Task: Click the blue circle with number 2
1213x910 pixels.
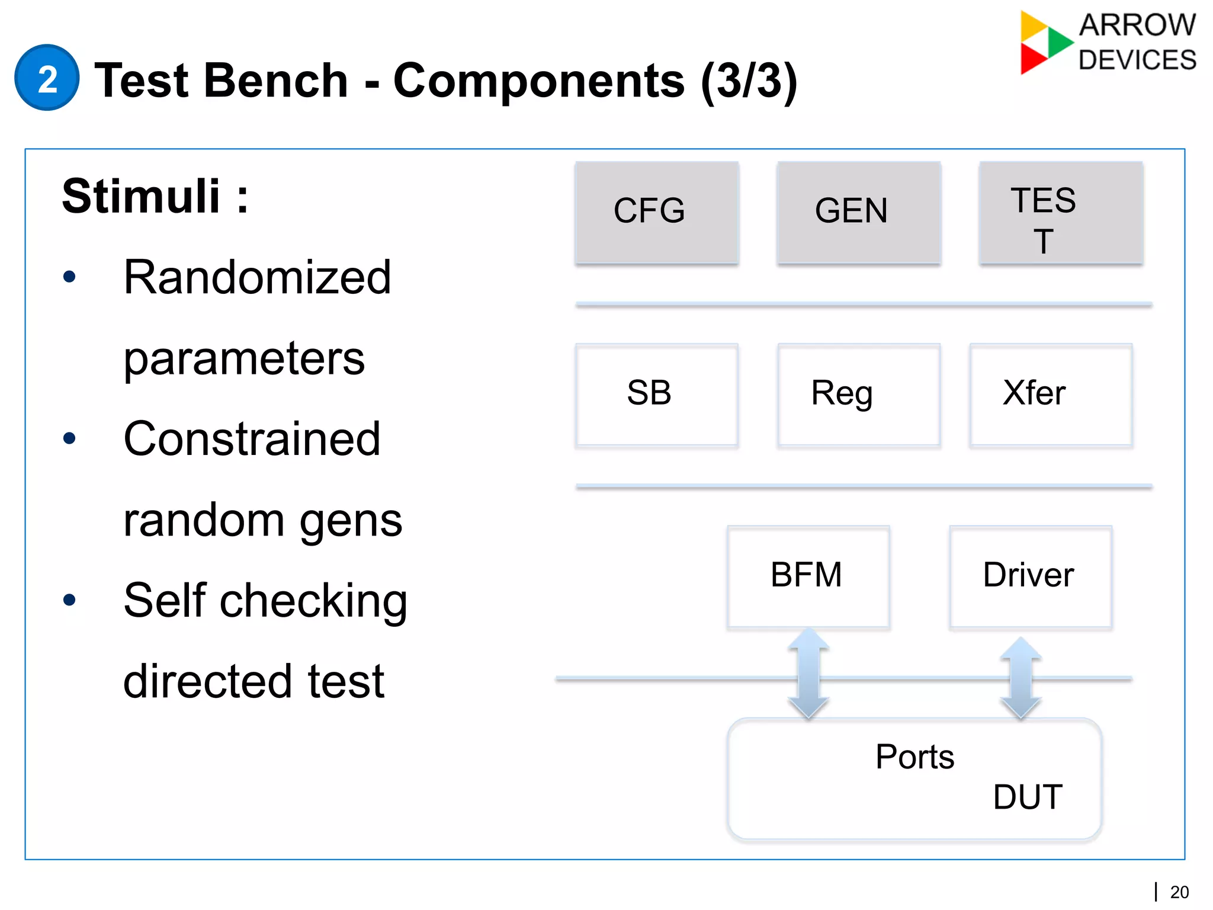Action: pos(47,78)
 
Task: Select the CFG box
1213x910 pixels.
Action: pos(656,212)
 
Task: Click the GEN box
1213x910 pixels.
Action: pos(858,212)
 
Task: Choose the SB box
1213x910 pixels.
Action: pos(656,395)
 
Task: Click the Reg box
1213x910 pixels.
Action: pos(858,395)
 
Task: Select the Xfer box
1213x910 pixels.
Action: pos(1051,395)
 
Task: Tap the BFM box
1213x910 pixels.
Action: pos(808,576)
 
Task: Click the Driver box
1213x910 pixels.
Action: pos(1030,576)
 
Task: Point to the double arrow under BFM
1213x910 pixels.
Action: pos(808,674)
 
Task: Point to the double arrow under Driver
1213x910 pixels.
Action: pos(1021,678)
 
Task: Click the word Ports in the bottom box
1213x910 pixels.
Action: pos(914,757)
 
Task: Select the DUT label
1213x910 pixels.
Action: pos(1028,797)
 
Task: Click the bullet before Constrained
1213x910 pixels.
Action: pos(69,438)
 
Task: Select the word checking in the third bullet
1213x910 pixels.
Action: pos(313,601)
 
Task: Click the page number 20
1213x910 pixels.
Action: pos(1179,892)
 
